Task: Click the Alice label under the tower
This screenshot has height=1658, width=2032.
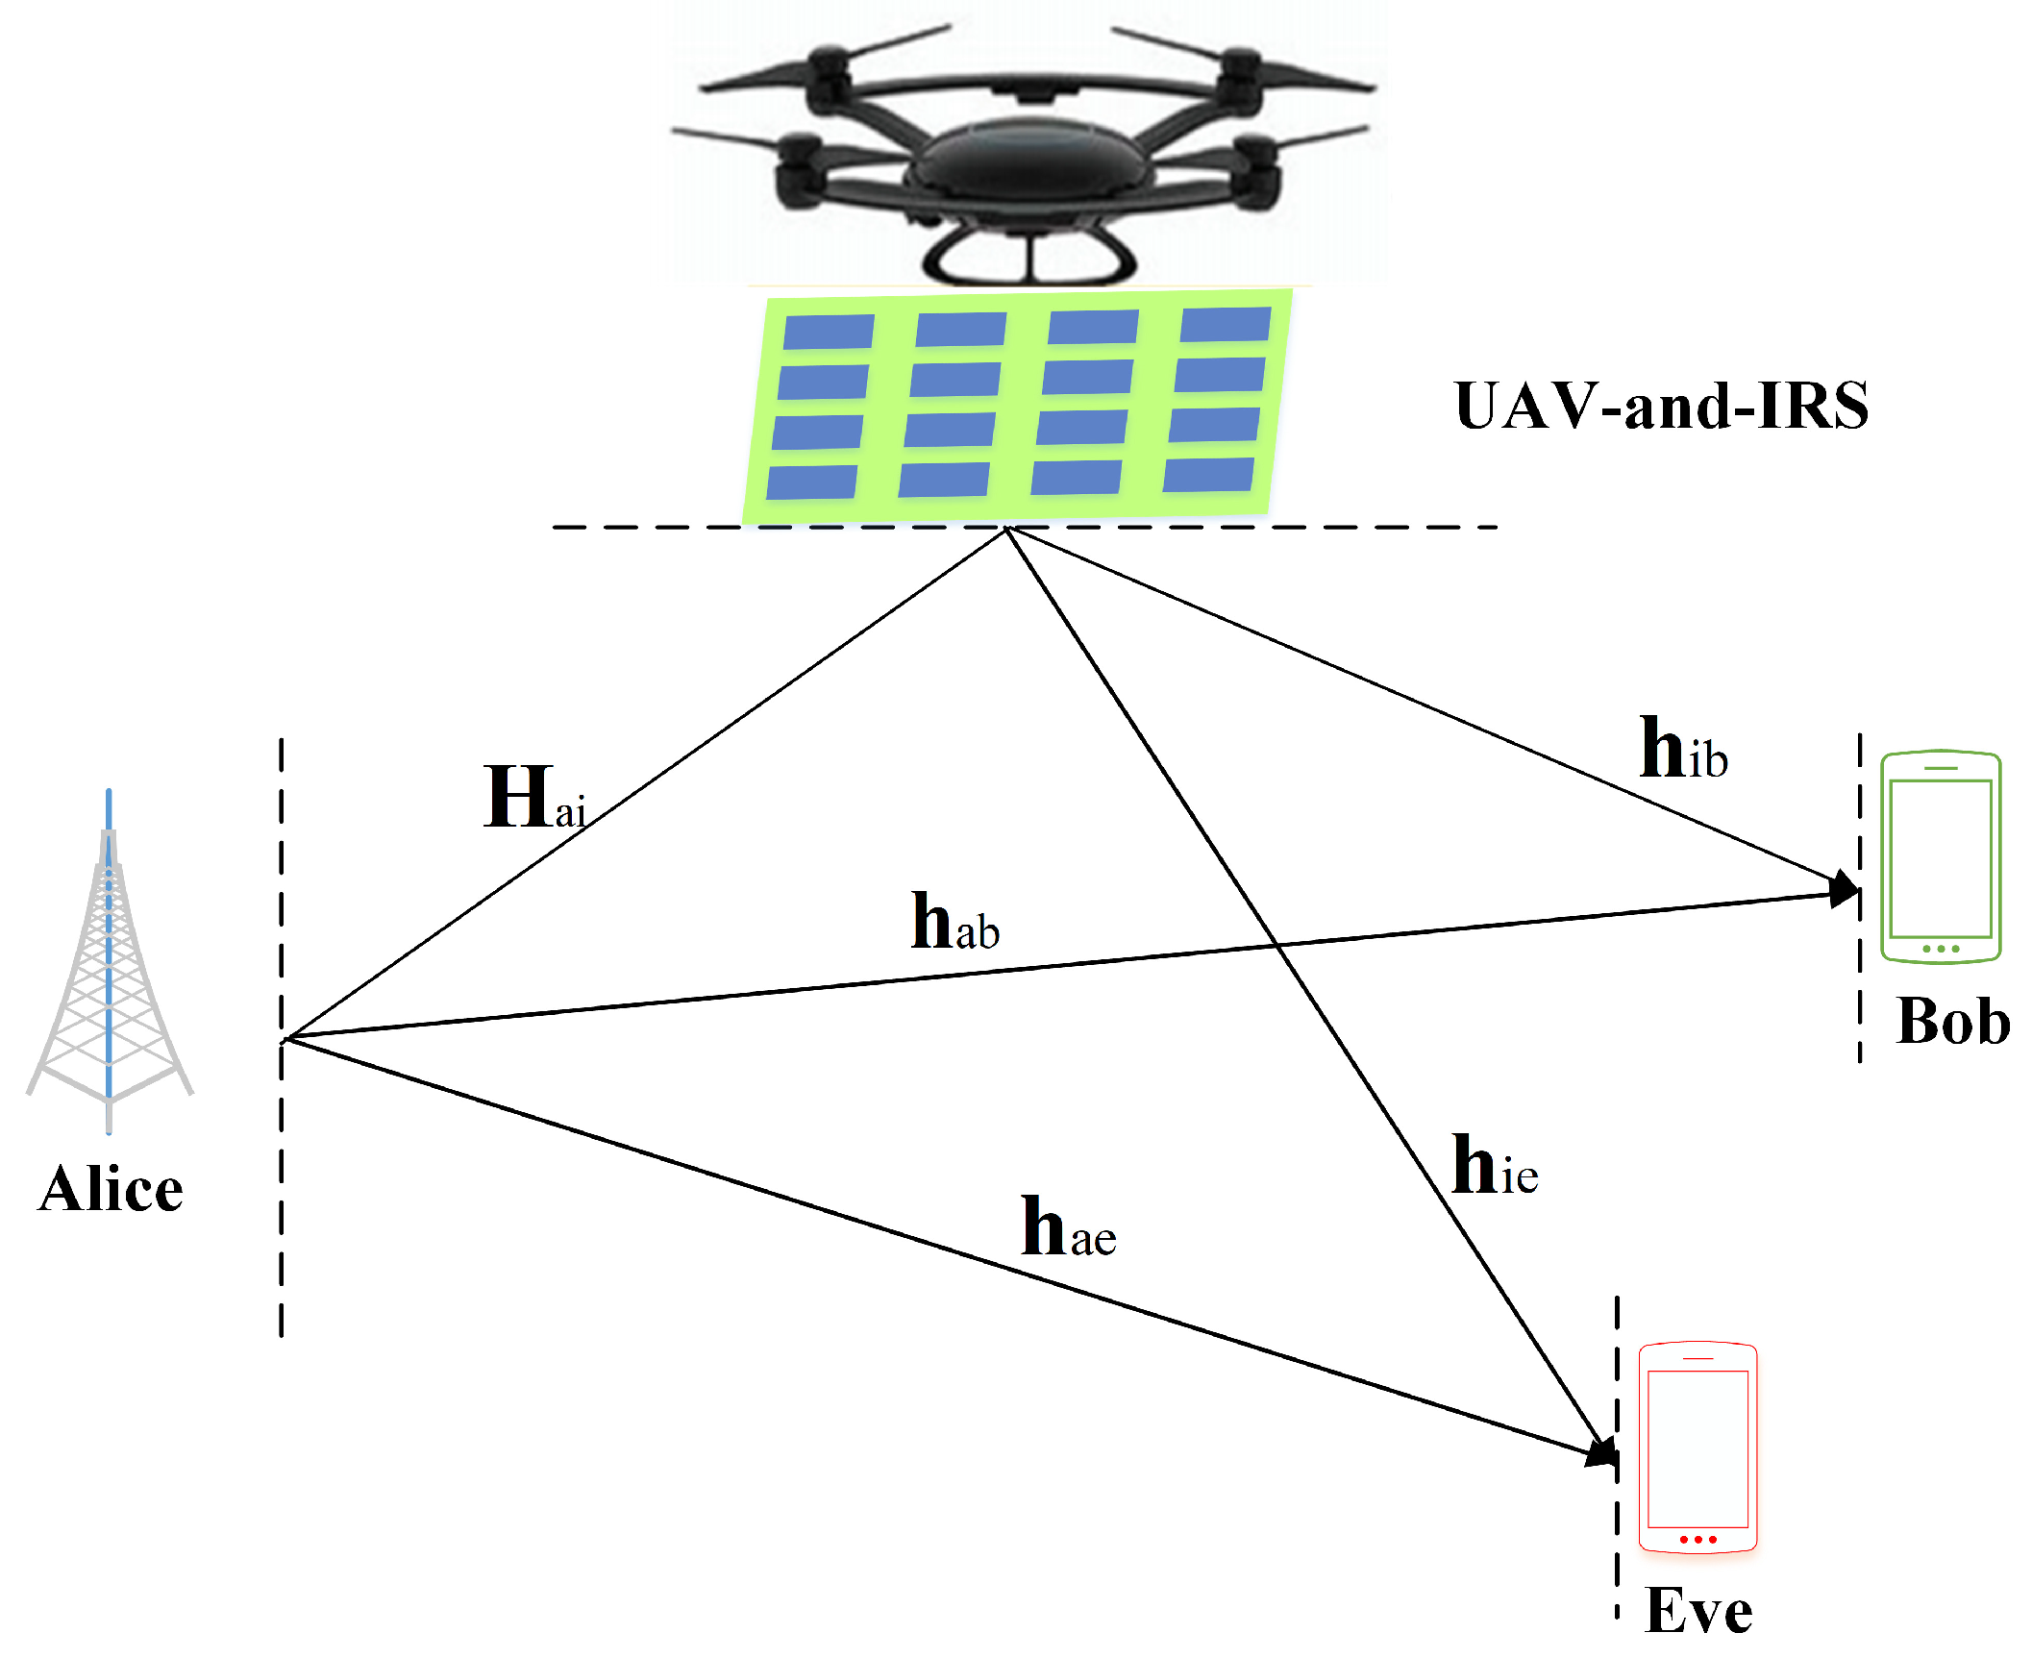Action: (x=111, y=1189)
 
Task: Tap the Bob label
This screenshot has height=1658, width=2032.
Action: (x=1953, y=1021)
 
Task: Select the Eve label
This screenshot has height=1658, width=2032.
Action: (x=1698, y=1611)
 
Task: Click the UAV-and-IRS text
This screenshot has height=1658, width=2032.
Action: (x=1662, y=406)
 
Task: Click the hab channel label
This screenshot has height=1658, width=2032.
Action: (x=954, y=922)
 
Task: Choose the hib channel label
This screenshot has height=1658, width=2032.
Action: (x=1683, y=749)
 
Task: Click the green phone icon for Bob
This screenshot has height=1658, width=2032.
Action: (x=1940, y=856)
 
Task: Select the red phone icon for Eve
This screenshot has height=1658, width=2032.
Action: (x=1697, y=1447)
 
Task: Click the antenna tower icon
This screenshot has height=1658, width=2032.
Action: (x=109, y=961)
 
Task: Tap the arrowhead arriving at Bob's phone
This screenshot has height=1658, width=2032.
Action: (x=1844, y=888)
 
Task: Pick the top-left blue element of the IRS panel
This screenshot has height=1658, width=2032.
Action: (x=828, y=333)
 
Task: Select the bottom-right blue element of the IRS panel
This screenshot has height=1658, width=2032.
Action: (x=1208, y=475)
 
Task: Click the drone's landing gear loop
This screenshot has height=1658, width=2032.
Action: (x=1028, y=258)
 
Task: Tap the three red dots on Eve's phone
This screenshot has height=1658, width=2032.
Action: (x=1697, y=1540)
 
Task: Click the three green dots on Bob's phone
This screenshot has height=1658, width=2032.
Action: (x=1940, y=949)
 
